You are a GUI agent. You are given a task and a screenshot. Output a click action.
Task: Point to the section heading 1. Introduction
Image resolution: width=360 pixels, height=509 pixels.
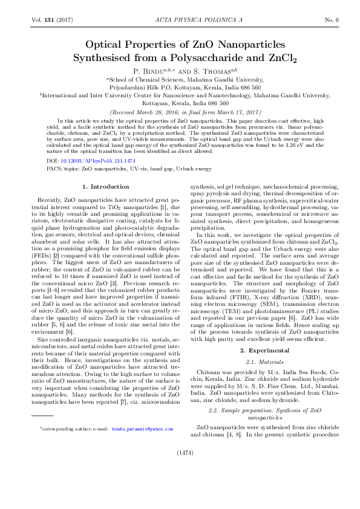coord(105,186)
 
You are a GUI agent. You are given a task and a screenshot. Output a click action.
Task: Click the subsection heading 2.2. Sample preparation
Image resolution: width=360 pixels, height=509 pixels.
coord(242,410)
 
